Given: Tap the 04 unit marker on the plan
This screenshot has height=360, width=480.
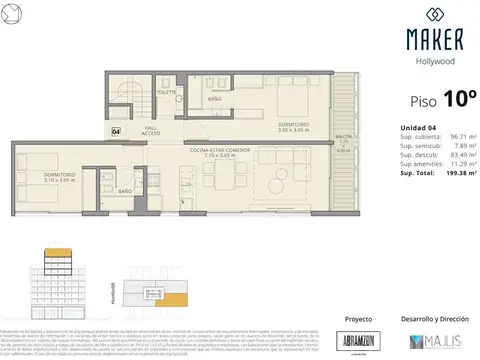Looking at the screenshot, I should [x=117, y=130].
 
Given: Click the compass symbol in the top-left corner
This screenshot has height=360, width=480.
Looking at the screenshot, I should [x=10, y=10].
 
